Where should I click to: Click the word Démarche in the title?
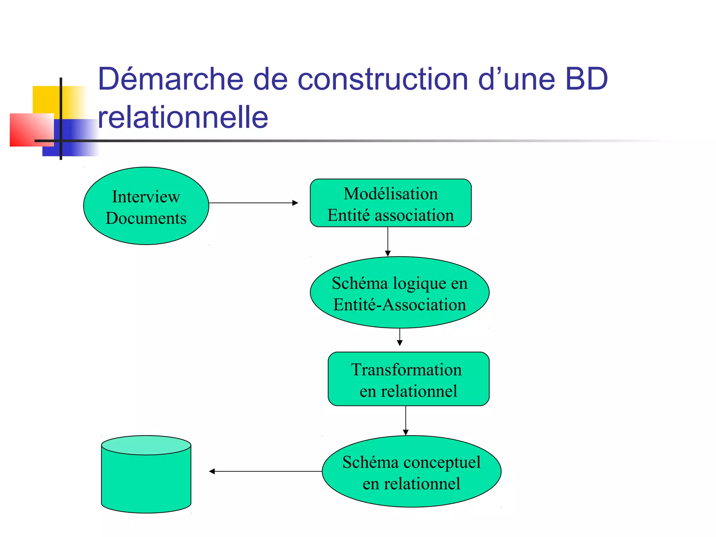[x=170, y=79]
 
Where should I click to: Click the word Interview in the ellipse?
[x=146, y=197]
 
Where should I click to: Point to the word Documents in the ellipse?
[x=146, y=219]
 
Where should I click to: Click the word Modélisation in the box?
[x=391, y=194]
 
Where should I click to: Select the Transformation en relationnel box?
[x=408, y=379]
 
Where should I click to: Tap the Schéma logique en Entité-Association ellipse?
[x=399, y=293]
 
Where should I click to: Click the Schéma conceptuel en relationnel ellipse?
[x=411, y=472]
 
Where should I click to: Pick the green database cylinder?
[x=146, y=482]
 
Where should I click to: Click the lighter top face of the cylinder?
[x=146, y=445]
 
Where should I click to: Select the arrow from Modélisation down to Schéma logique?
[x=388, y=241]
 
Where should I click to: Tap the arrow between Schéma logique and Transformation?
[x=400, y=337]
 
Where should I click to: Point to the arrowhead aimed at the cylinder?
[x=212, y=472]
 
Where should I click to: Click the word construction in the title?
[x=382, y=79]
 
